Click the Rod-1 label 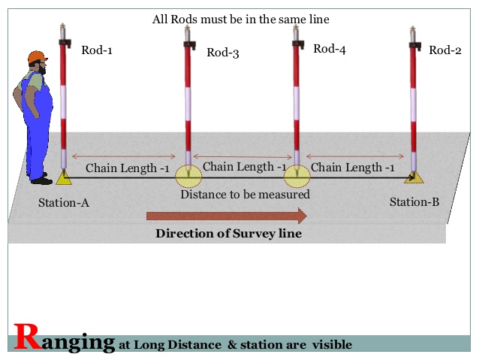point(97,51)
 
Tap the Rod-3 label point(222,53)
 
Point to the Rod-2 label point(444,50)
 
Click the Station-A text point(64,202)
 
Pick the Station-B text point(414,202)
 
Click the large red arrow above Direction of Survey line point(226,216)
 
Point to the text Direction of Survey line point(228,234)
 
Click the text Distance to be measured point(245,194)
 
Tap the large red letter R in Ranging point(27,338)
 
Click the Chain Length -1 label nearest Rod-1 point(127,168)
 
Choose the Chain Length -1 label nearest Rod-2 point(352,168)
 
